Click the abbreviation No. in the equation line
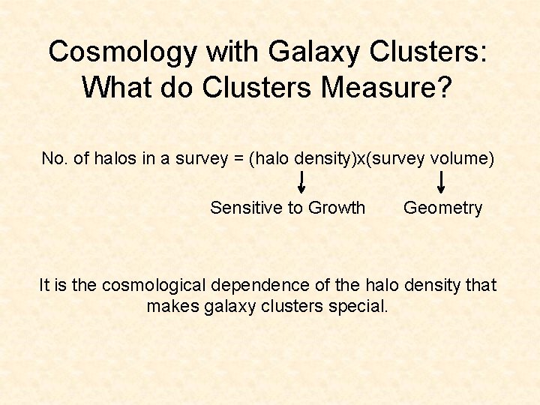(54, 158)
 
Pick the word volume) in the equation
(465, 158)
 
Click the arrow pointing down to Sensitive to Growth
(301, 181)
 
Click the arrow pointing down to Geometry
(441, 181)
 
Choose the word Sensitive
(245, 208)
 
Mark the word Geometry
(442, 208)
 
